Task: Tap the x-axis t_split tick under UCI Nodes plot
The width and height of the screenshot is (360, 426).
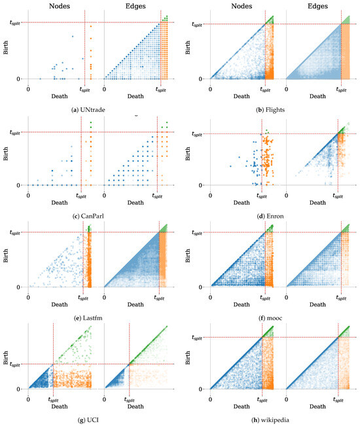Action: pyautogui.click(x=54, y=399)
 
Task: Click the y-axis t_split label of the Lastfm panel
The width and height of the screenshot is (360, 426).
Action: pyautogui.click(x=15, y=233)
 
